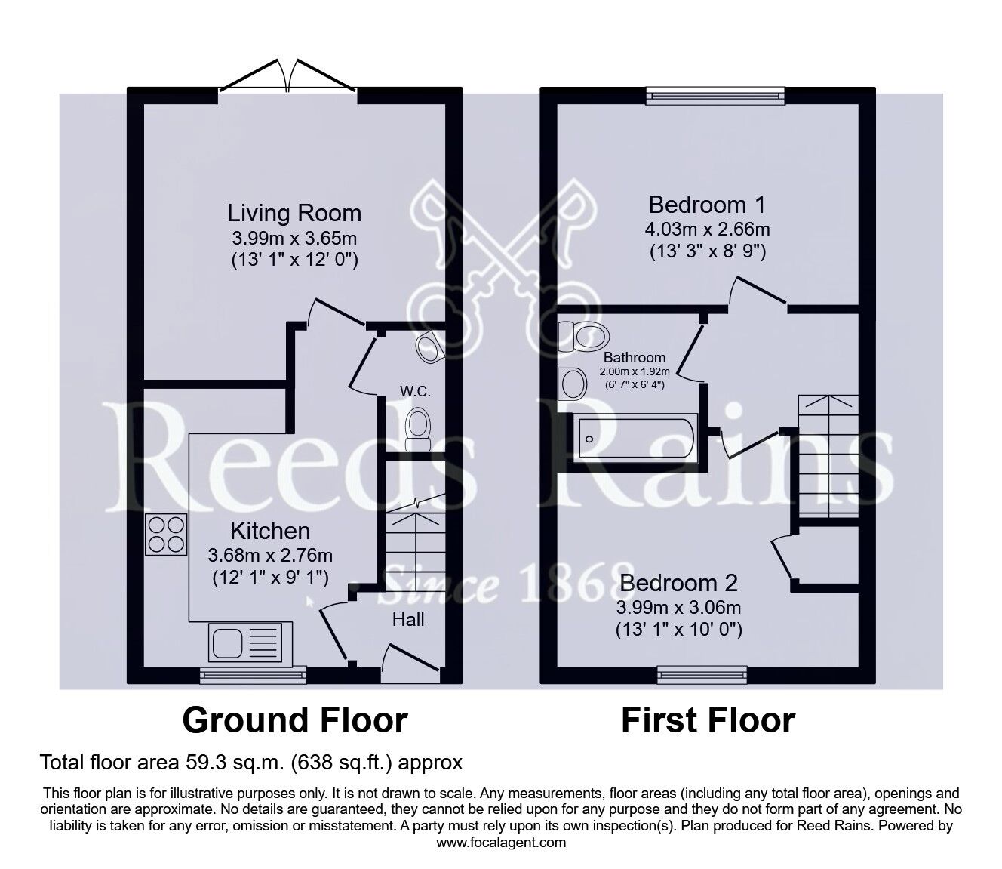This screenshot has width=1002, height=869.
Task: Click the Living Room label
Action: [x=295, y=213]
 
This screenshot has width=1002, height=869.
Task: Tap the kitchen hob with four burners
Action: [x=167, y=534]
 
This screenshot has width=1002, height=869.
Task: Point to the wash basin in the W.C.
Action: [x=429, y=346]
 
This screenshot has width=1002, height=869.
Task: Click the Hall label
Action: [x=407, y=620]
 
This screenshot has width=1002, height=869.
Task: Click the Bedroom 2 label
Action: [x=678, y=583]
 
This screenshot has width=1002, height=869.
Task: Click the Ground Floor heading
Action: [x=295, y=720]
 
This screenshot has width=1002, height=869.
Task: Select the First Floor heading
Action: [x=707, y=720]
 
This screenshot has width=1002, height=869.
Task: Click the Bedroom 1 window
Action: [x=715, y=94]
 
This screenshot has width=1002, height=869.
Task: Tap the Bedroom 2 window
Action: [x=702, y=673]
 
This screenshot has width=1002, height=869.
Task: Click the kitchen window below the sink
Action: [x=253, y=673]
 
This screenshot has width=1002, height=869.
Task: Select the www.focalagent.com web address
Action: [x=501, y=843]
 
